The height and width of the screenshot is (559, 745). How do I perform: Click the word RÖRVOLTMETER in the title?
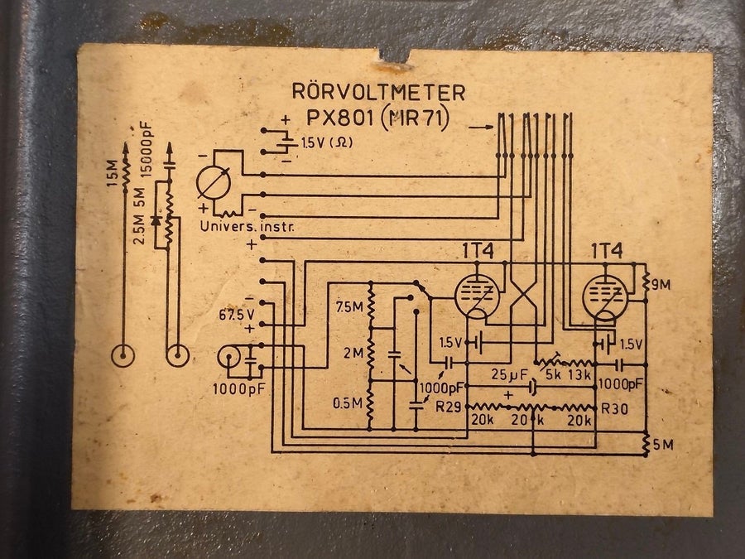pos(378,91)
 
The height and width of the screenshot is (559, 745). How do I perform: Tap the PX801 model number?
pos(339,118)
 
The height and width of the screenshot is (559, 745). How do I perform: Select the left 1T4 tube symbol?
pos(477,296)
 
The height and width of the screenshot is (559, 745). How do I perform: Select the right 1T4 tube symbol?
pos(605,297)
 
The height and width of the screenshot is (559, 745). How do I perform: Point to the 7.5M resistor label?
pos(349,307)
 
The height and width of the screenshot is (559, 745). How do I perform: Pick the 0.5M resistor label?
pos(347,403)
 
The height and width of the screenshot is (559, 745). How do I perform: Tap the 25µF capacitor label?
pos(509,375)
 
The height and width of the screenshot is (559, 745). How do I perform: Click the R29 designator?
pos(449,407)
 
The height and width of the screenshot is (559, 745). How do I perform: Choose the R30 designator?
pos(615,408)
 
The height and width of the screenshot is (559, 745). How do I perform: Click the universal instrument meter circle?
pos(214,184)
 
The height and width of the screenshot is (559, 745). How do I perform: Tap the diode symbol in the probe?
pos(156,221)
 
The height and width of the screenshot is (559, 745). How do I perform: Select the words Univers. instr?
pos(247,226)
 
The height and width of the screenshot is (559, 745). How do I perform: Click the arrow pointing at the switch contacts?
pos(481,127)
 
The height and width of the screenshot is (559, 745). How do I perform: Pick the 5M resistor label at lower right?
pos(663,445)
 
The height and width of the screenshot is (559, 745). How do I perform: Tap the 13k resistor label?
pos(579,374)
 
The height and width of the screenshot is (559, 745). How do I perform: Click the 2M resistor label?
pos(353,353)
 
